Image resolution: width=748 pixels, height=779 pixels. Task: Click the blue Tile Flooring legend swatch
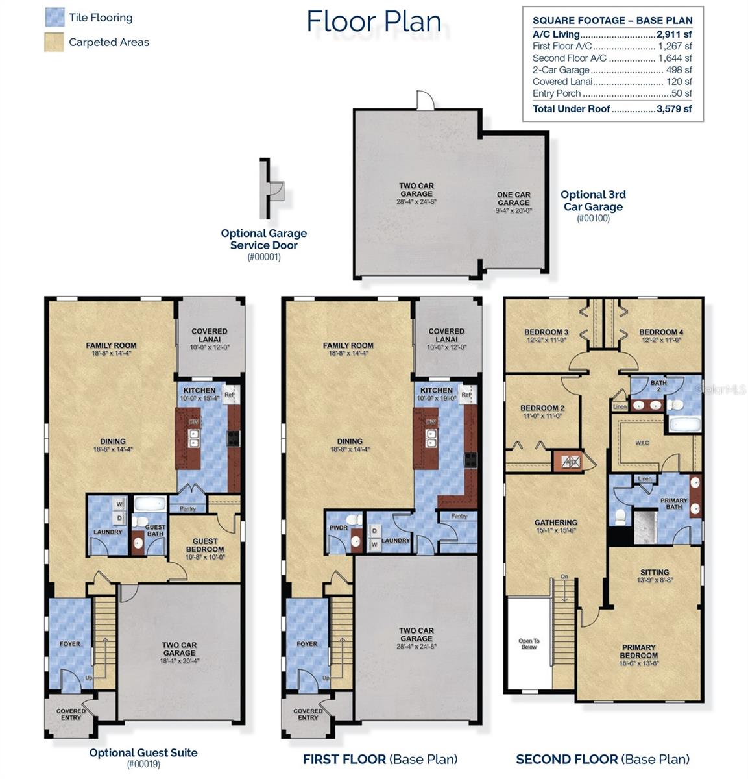point(54,18)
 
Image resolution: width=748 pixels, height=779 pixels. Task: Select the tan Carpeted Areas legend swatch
point(54,42)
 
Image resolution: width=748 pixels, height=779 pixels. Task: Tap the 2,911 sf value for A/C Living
point(675,34)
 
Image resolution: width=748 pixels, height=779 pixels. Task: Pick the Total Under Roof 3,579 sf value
point(674,109)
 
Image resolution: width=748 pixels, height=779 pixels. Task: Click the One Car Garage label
point(513,199)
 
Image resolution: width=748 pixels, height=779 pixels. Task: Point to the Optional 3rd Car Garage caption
point(593,201)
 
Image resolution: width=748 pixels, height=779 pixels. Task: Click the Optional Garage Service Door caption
point(263,240)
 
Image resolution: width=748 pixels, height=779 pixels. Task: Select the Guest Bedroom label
point(205,545)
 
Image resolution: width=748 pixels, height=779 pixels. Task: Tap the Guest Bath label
point(155,531)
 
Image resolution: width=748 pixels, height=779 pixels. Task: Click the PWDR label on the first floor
point(339,528)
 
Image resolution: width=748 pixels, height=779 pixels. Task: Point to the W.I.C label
point(642,443)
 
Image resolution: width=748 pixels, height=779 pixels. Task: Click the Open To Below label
point(529,644)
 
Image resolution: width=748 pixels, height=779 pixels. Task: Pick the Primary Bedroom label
point(639,651)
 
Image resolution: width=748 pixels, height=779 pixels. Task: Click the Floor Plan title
point(374,21)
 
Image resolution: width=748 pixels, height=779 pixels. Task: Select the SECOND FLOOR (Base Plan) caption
point(603,759)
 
